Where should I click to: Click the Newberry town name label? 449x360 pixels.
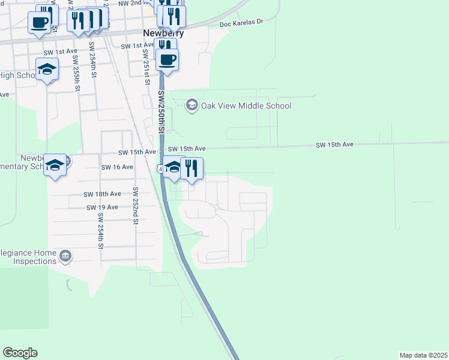coord(163,34)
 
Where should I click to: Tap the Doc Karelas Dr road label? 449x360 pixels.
coord(241,23)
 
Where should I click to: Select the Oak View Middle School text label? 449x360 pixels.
coord(246,106)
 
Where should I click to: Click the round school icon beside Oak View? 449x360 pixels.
coord(191,106)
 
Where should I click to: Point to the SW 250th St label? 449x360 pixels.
coord(161,112)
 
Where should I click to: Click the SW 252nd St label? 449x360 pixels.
coord(136,205)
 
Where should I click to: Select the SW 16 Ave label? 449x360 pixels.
coord(117,167)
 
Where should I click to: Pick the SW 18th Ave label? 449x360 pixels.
coord(103,194)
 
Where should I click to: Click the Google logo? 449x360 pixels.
coord(20,353)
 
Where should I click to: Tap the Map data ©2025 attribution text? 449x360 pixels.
coord(423,355)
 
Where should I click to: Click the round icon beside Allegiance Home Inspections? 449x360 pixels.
coord(66,257)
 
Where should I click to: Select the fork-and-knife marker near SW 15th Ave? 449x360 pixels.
coord(191,169)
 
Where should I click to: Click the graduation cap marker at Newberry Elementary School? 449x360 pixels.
coord(55,165)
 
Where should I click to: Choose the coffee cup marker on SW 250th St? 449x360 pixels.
coord(167,60)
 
